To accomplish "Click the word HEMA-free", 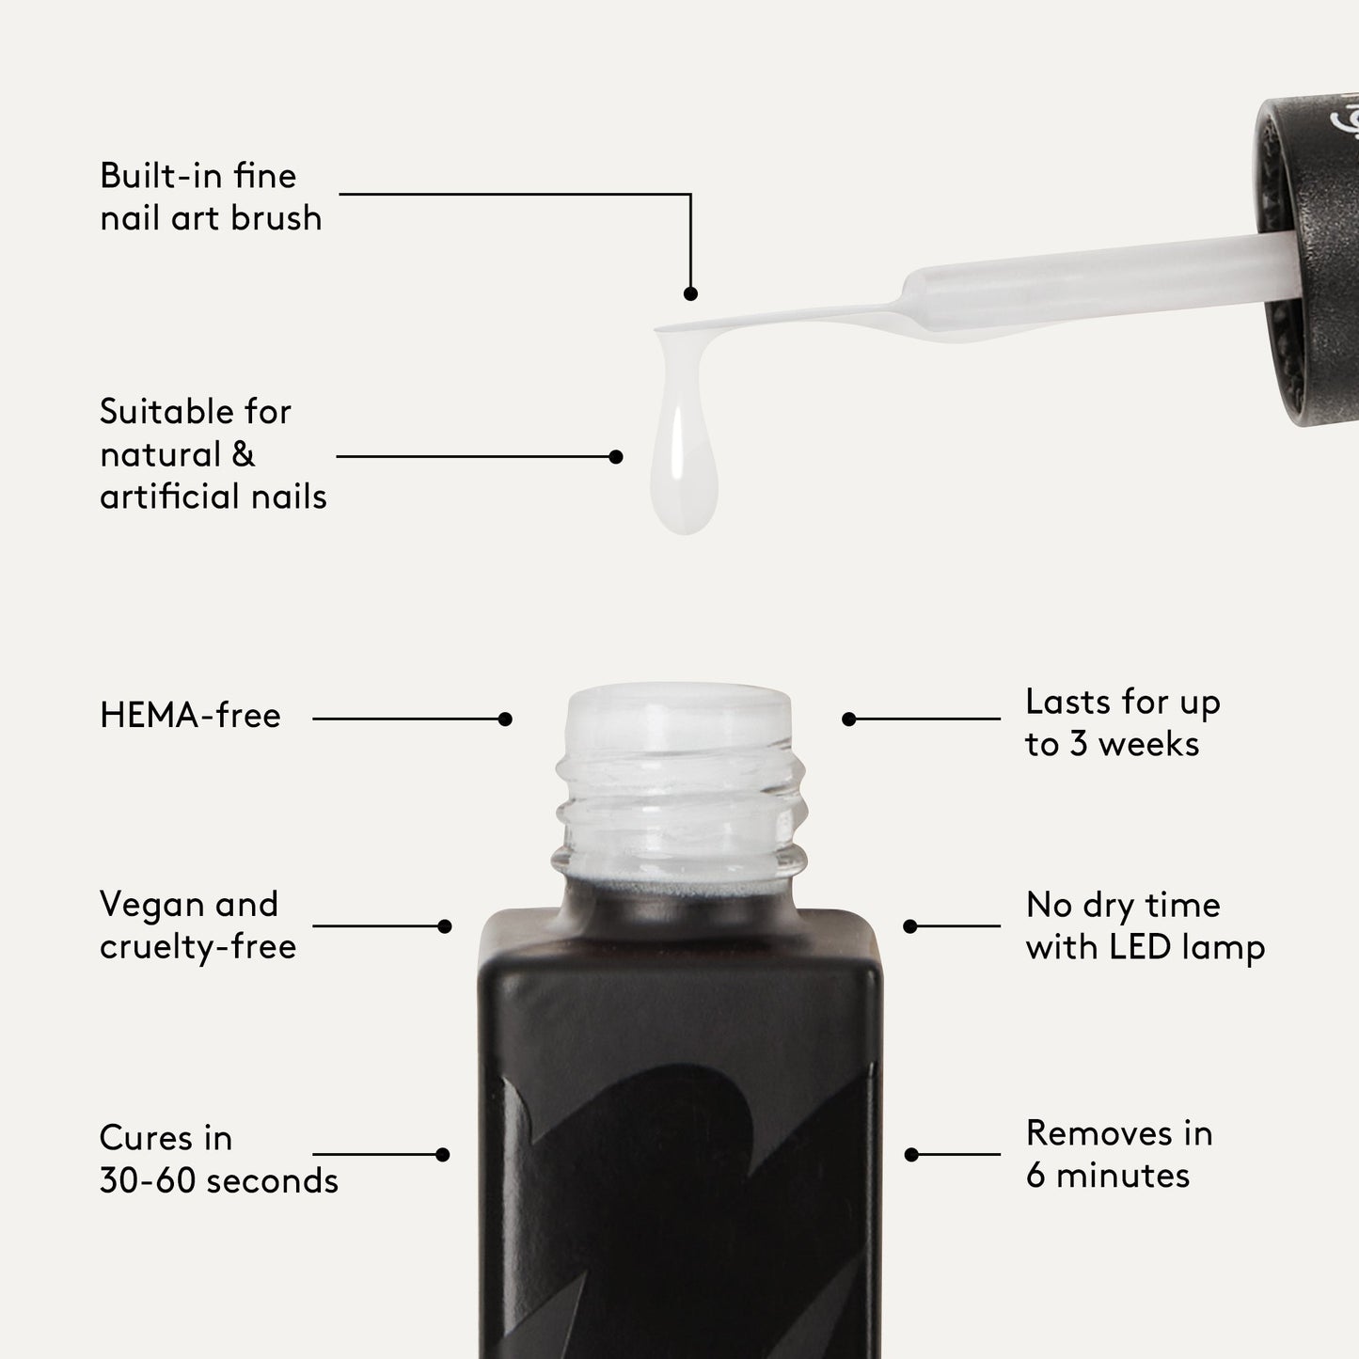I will tap(190, 717).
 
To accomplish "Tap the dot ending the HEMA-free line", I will tap(505, 719).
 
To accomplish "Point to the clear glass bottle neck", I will tap(679, 790).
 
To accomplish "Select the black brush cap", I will tap(1312, 263).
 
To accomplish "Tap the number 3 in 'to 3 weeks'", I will tap(1079, 745).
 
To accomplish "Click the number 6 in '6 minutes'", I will tap(1035, 1176).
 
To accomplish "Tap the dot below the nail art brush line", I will tap(690, 294).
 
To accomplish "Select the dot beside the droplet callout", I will tap(616, 457).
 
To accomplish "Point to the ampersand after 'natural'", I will tap(243, 454).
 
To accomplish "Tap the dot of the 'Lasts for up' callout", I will tap(849, 719).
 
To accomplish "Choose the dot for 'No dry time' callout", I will tap(909, 926).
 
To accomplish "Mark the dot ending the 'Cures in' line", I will tap(443, 1155).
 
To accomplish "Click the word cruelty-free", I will tap(198, 947).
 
